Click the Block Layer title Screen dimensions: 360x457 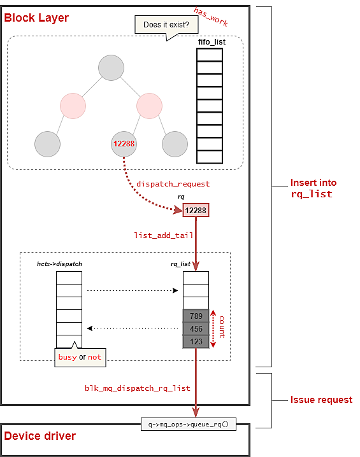click(x=36, y=18)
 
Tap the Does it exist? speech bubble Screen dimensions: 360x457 click(x=166, y=25)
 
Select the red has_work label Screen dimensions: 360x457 click(x=211, y=17)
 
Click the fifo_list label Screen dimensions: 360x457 click(x=212, y=42)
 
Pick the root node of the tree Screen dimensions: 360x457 click(x=111, y=67)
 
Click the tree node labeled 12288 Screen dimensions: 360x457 click(x=124, y=144)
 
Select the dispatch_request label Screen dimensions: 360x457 click(x=173, y=184)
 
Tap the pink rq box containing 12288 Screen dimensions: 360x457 click(x=196, y=210)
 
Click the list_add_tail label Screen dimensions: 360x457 click(x=164, y=236)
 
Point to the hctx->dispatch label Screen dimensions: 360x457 click(x=59, y=264)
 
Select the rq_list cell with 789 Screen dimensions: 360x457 click(x=196, y=316)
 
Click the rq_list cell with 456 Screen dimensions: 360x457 click(x=196, y=329)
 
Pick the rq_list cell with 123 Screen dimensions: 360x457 click(x=196, y=342)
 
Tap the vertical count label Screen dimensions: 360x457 click(x=222, y=327)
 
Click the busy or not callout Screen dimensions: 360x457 click(x=80, y=357)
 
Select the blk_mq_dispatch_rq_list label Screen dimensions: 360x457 click(x=138, y=388)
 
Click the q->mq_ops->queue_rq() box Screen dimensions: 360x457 click(x=189, y=425)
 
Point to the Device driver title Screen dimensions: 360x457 click(x=40, y=436)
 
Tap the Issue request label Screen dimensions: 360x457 click(x=322, y=400)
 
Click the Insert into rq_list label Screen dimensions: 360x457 click(x=313, y=188)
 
